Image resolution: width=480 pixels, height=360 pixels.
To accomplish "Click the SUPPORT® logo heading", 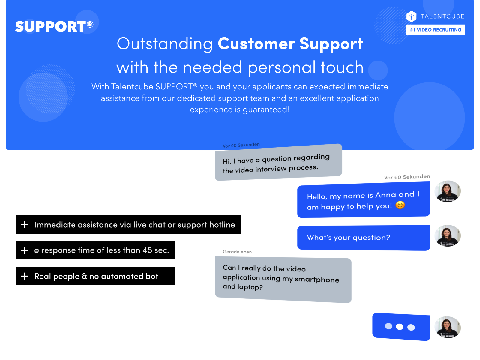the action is pos(54,26).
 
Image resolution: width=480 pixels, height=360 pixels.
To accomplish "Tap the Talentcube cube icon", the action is pos(411,16).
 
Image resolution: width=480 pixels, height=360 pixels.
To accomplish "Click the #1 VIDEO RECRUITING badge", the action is pos(435,30).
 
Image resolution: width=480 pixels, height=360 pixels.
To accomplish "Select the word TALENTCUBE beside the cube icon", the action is pos(442,16).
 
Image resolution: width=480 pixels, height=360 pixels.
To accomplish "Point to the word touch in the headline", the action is pos(342,67).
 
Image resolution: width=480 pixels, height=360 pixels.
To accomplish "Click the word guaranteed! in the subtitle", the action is pos(266,110).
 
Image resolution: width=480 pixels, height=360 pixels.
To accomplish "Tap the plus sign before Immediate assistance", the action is pos(25,224).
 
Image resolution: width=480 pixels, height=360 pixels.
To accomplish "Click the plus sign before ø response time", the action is pos(25,250).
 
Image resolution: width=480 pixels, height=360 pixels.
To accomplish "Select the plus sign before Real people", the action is pos(25,276).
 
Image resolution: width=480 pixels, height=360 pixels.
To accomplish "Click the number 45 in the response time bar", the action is pos(147,250).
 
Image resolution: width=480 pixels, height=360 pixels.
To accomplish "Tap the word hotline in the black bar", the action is pos(222,225).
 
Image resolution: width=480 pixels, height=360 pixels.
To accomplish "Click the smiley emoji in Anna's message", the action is pos(400,205).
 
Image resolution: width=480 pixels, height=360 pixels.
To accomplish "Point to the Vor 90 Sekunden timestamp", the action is pos(241,145).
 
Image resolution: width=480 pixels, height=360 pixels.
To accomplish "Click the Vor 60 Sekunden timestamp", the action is pos(407,177).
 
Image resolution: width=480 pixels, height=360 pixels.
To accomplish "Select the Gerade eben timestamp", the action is pos(237,252).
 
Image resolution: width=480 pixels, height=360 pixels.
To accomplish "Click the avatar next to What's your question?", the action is pos(447,236).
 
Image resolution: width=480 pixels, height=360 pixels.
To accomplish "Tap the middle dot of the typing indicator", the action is pos(399,327).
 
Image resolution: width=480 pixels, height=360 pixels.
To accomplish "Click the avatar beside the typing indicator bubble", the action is pos(447,327).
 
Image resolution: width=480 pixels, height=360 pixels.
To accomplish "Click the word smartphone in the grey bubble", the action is pos(317,280).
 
